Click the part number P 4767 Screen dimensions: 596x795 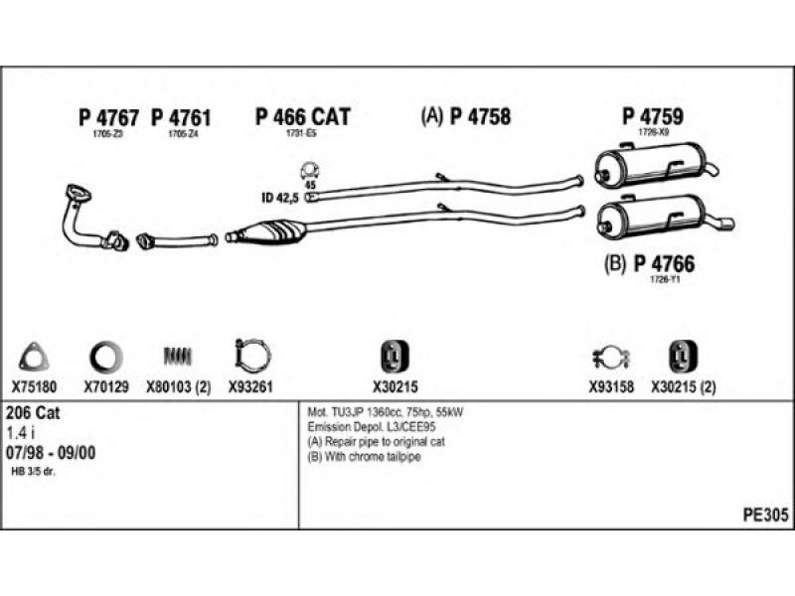pos(108,117)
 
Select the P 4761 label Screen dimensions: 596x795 pos(182,117)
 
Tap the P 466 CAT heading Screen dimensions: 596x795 pos(302,117)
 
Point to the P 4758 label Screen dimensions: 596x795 pos(480,117)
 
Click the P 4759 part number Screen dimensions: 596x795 pos(653,117)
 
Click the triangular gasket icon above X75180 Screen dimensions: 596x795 pos(35,355)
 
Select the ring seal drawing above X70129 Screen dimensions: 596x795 pos(104,355)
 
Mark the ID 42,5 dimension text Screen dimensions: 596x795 pos(280,197)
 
